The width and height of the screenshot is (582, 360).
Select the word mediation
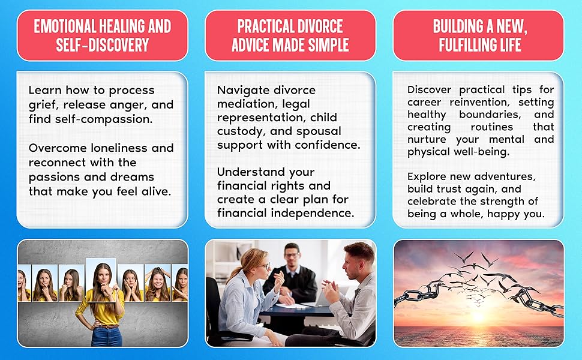(242, 104)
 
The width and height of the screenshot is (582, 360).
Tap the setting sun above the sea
(478, 315)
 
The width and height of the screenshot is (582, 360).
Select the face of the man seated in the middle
(292, 256)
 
